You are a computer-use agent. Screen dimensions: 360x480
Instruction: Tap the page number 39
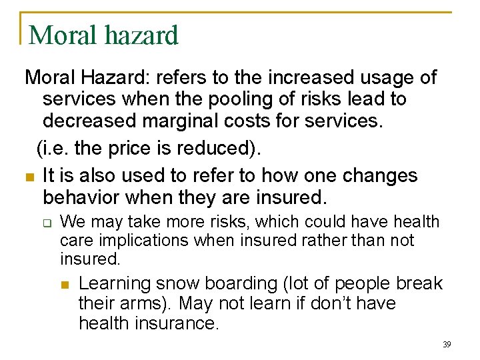(447, 345)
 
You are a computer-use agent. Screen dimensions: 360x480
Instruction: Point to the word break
(420, 283)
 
